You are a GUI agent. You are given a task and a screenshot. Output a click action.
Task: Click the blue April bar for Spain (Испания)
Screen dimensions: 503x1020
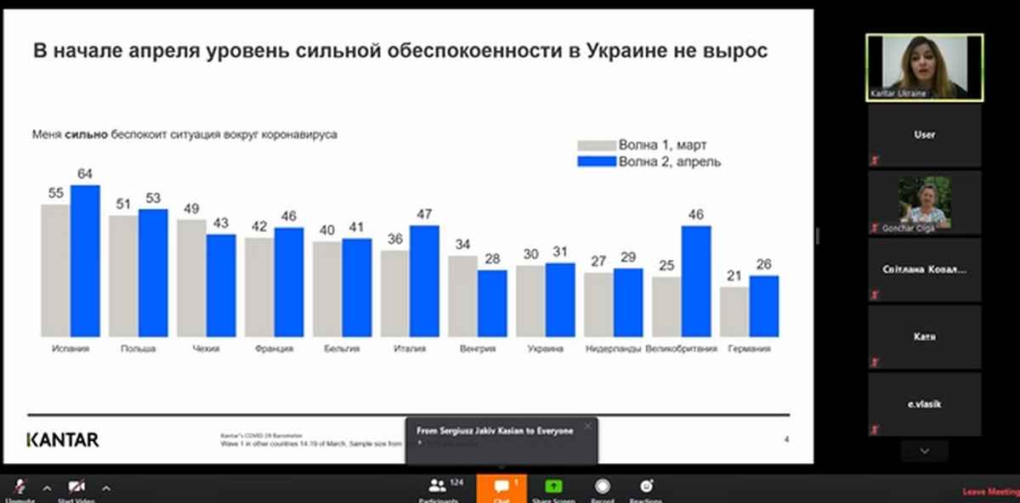[85, 261]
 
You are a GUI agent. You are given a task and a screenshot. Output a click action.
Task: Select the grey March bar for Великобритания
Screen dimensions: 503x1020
[666, 307]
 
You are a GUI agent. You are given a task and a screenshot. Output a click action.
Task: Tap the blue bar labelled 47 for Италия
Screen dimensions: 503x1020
[424, 281]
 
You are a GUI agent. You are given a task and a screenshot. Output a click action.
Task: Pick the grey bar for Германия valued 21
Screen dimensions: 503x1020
[734, 312]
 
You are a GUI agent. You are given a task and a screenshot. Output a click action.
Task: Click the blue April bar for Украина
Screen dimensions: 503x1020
[560, 300]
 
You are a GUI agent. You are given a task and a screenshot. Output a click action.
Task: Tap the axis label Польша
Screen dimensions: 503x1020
[139, 348]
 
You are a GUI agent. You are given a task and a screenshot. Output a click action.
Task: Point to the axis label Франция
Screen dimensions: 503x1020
[274, 348]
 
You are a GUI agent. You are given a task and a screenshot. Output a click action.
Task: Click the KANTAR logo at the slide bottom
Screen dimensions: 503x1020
[63, 439]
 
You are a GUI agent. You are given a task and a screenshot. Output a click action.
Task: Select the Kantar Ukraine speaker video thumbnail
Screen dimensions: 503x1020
[924, 66]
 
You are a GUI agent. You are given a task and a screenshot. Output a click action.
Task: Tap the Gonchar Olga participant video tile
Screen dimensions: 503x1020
[924, 202]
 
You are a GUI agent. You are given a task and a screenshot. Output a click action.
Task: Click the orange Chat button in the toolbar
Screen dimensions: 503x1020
[501, 489]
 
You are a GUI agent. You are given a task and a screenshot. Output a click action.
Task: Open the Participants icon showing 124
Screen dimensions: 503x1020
[438, 488]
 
